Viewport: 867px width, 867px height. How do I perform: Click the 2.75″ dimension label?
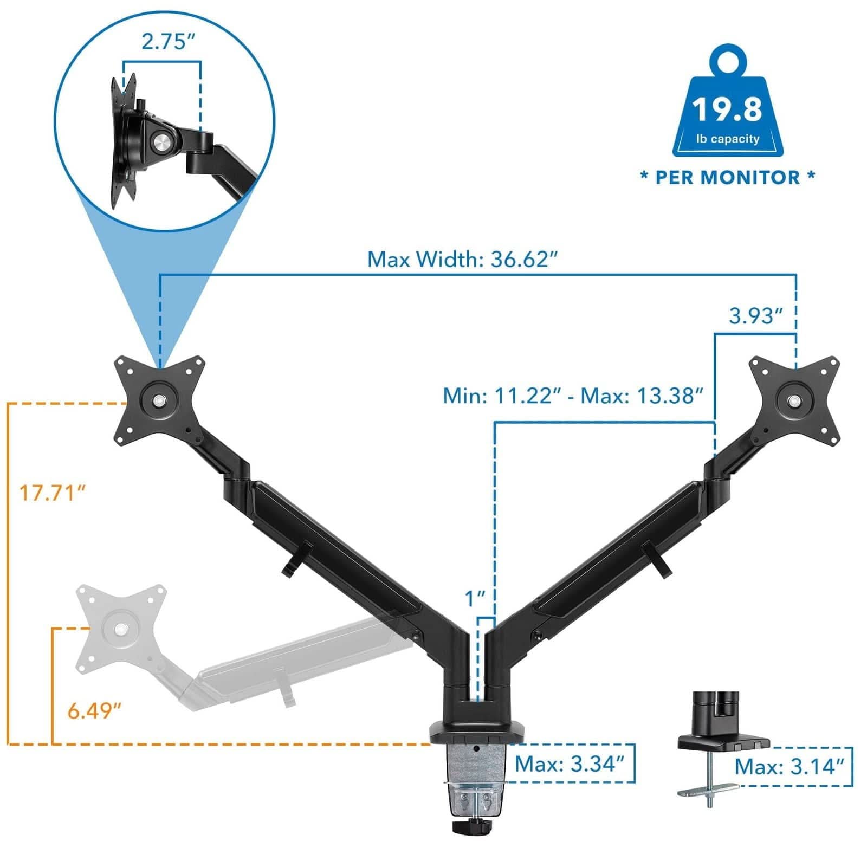167,42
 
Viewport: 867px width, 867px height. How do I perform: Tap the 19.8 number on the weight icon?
727,109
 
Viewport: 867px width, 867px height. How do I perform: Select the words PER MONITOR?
727,177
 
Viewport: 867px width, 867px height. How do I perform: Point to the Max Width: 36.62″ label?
462,259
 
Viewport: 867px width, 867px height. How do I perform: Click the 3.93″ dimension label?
756,315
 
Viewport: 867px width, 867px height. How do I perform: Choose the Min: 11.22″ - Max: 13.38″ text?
573,396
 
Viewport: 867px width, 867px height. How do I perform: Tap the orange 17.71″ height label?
53,493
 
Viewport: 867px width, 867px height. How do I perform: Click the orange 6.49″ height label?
94,710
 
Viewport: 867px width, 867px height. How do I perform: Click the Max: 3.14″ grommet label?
790,767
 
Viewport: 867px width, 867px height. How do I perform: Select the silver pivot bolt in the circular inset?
160,143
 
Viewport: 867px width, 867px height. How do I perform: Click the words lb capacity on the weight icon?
727,139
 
